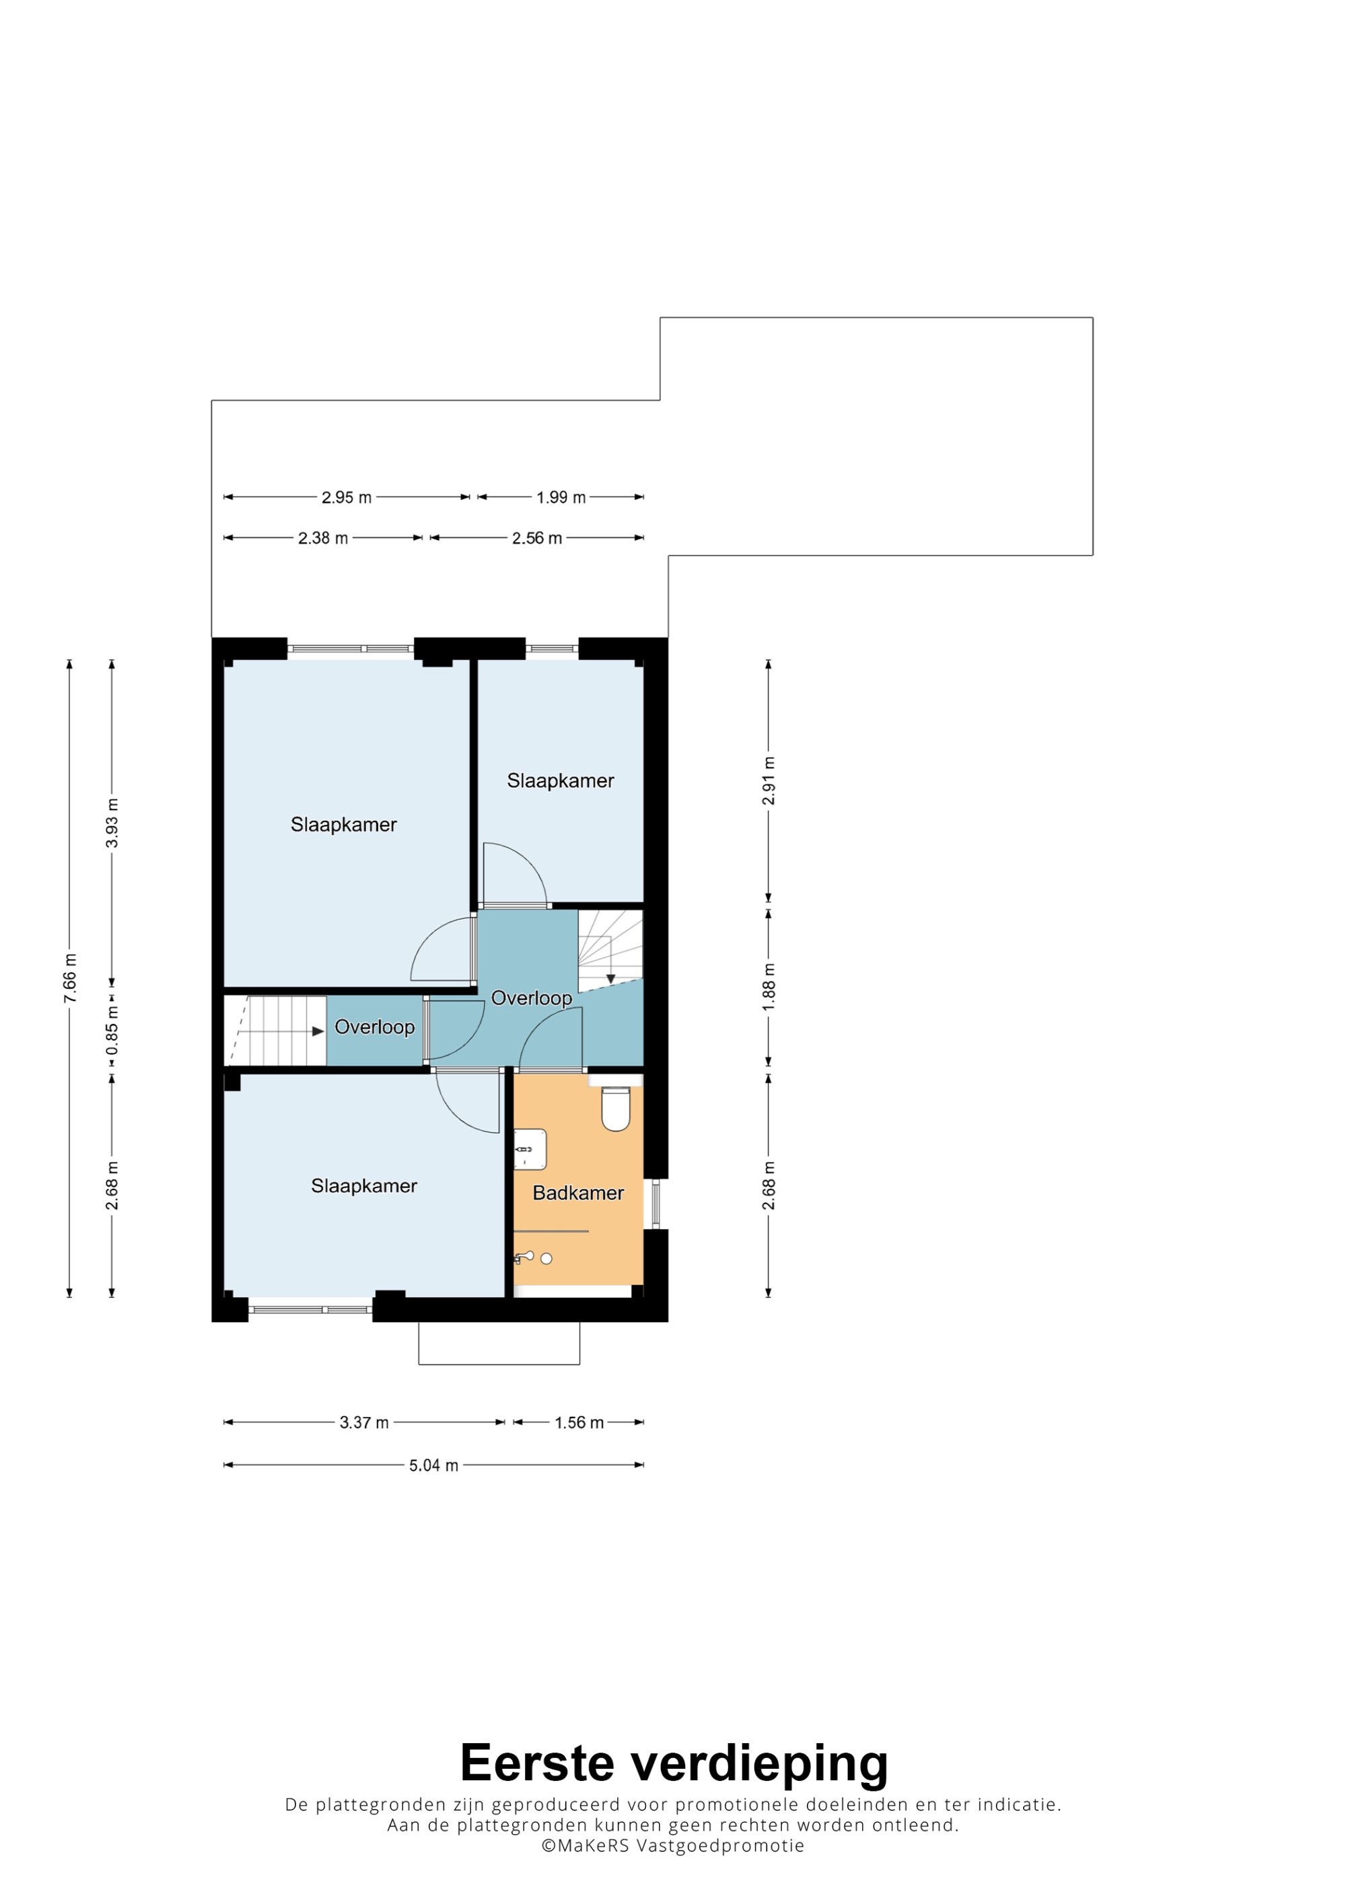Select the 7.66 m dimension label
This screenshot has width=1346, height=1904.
(71, 978)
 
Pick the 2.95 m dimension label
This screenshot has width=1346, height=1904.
(347, 498)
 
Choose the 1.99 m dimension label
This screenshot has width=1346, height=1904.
(561, 498)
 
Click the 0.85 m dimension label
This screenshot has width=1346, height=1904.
(112, 1030)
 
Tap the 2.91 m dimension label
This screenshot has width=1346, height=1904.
(769, 780)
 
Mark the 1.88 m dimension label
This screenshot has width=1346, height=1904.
(769, 986)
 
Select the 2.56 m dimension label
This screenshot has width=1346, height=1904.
(536, 538)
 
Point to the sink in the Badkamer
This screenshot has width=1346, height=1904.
(530, 1149)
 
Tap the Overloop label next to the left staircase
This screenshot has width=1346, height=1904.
(375, 1027)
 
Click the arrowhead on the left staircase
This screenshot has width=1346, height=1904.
(318, 1031)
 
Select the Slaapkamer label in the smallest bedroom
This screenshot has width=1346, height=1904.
(561, 780)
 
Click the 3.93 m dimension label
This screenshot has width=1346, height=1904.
(112, 823)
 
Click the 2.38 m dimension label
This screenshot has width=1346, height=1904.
(322, 538)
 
